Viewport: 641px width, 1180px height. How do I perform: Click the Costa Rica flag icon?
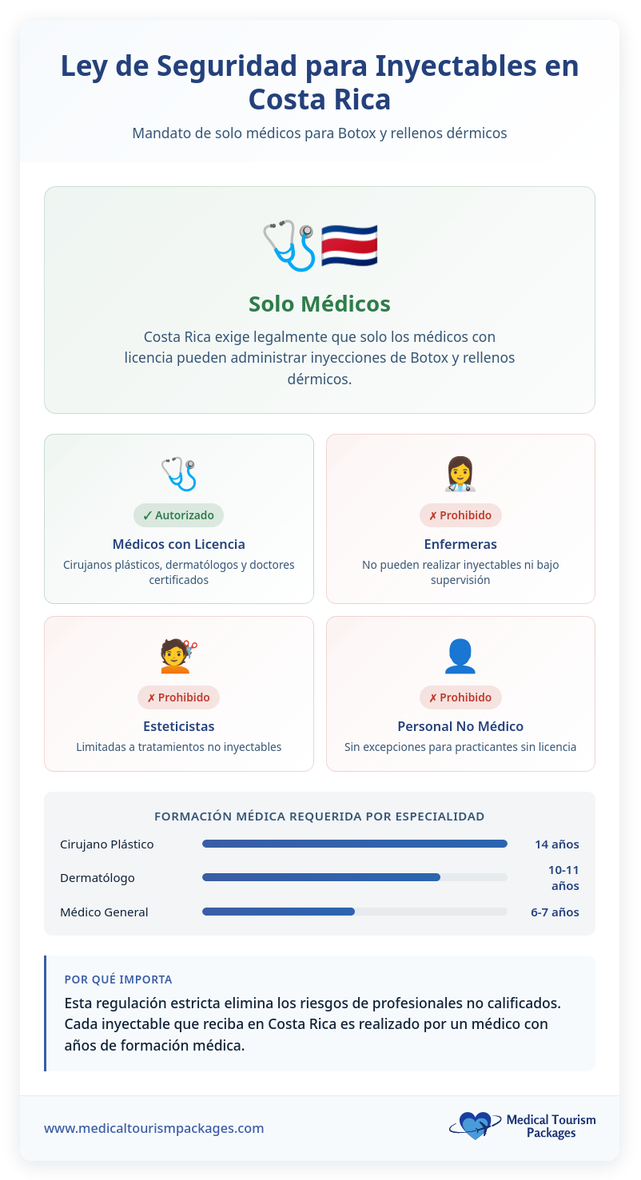[349, 246]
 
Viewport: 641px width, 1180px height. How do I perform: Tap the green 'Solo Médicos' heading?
[320, 304]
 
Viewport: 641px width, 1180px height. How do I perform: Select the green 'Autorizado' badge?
[179, 515]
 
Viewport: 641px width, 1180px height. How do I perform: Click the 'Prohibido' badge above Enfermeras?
[460, 515]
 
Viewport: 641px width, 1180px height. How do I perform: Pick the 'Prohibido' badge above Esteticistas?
[179, 697]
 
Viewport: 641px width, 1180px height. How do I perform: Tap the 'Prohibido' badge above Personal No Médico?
[460, 697]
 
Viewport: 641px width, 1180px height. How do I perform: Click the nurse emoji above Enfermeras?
[460, 474]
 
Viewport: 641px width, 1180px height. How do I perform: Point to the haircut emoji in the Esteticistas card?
[179, 656]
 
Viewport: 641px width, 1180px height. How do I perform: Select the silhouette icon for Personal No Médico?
[460, 656]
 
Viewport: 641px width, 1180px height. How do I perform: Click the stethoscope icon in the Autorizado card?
[179, 474]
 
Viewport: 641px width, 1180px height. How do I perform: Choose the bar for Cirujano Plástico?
[355, 844]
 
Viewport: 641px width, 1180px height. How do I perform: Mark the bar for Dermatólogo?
[321, 877]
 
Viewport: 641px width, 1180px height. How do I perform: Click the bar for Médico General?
[278, 912]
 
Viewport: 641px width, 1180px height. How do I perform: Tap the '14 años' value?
[557, 844]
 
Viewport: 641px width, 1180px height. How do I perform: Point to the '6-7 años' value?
[555, 912]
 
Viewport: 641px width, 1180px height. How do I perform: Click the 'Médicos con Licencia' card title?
[179, 544]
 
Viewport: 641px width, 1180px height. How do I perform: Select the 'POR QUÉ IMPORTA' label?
[118, 979]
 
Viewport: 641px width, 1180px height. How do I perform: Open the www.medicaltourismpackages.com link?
[153, 1128]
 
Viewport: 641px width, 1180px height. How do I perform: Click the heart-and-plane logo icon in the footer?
[474, 1126]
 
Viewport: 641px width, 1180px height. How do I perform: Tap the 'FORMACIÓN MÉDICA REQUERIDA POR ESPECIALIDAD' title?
[320, 816]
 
